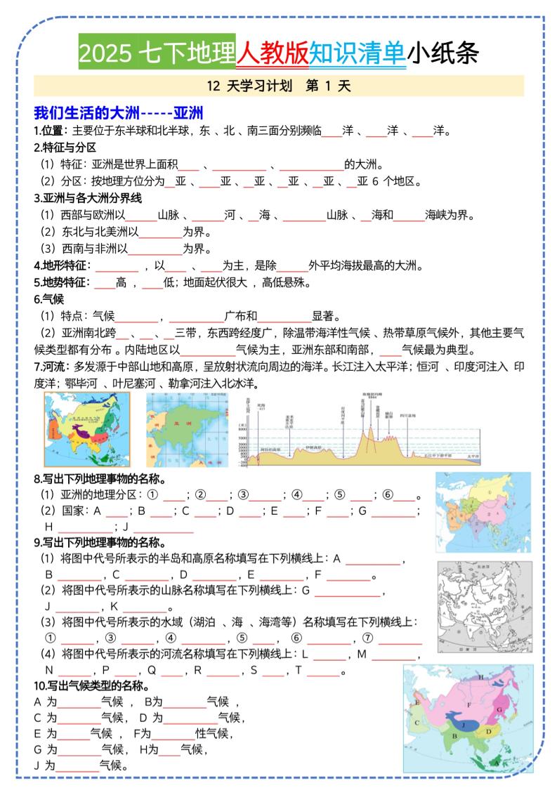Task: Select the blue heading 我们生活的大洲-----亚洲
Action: pos(119,113)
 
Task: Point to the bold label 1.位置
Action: pos(50,131)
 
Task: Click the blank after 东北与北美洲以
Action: pos(162,232)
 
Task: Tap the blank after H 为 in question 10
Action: pos(169,750)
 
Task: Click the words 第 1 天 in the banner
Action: pos(328,86)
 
